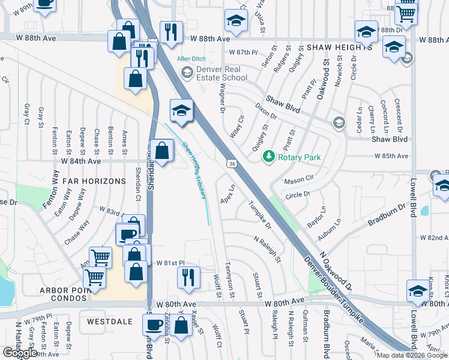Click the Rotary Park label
299,157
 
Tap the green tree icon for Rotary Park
269,157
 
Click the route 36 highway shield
232,163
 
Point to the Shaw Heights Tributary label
194,170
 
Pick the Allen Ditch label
191,59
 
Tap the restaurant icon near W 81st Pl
188,277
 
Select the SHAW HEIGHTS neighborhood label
336,47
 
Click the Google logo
20,353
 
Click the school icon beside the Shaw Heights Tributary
181,110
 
